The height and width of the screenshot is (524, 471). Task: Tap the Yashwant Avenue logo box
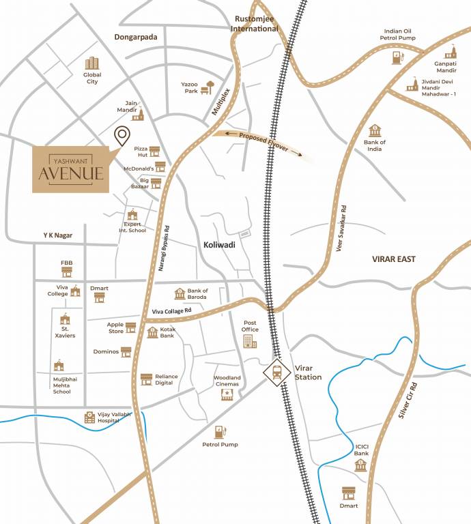[71, 168]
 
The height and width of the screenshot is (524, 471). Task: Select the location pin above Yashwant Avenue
[122, 136]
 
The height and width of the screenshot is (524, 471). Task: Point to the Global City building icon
[91, 63]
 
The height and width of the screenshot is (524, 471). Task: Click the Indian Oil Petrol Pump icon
[397, 57]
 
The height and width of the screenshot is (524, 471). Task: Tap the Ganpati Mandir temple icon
[450, 53]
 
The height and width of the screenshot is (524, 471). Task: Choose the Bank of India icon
[374, 130]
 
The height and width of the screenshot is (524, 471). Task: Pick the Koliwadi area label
[218, 244]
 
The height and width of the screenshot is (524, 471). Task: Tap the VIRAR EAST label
[393, 259]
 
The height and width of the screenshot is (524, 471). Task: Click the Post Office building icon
[250, 339]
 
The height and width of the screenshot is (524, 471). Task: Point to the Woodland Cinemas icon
[227, 394]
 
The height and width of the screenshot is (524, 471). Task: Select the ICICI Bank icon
[361, 465]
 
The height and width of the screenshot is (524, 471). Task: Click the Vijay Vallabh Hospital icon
[89, 417]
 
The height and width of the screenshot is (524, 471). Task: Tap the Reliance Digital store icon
[146, 379]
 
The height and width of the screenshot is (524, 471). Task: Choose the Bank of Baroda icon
[180, 293]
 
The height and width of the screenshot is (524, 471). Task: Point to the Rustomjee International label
[255, 24]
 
